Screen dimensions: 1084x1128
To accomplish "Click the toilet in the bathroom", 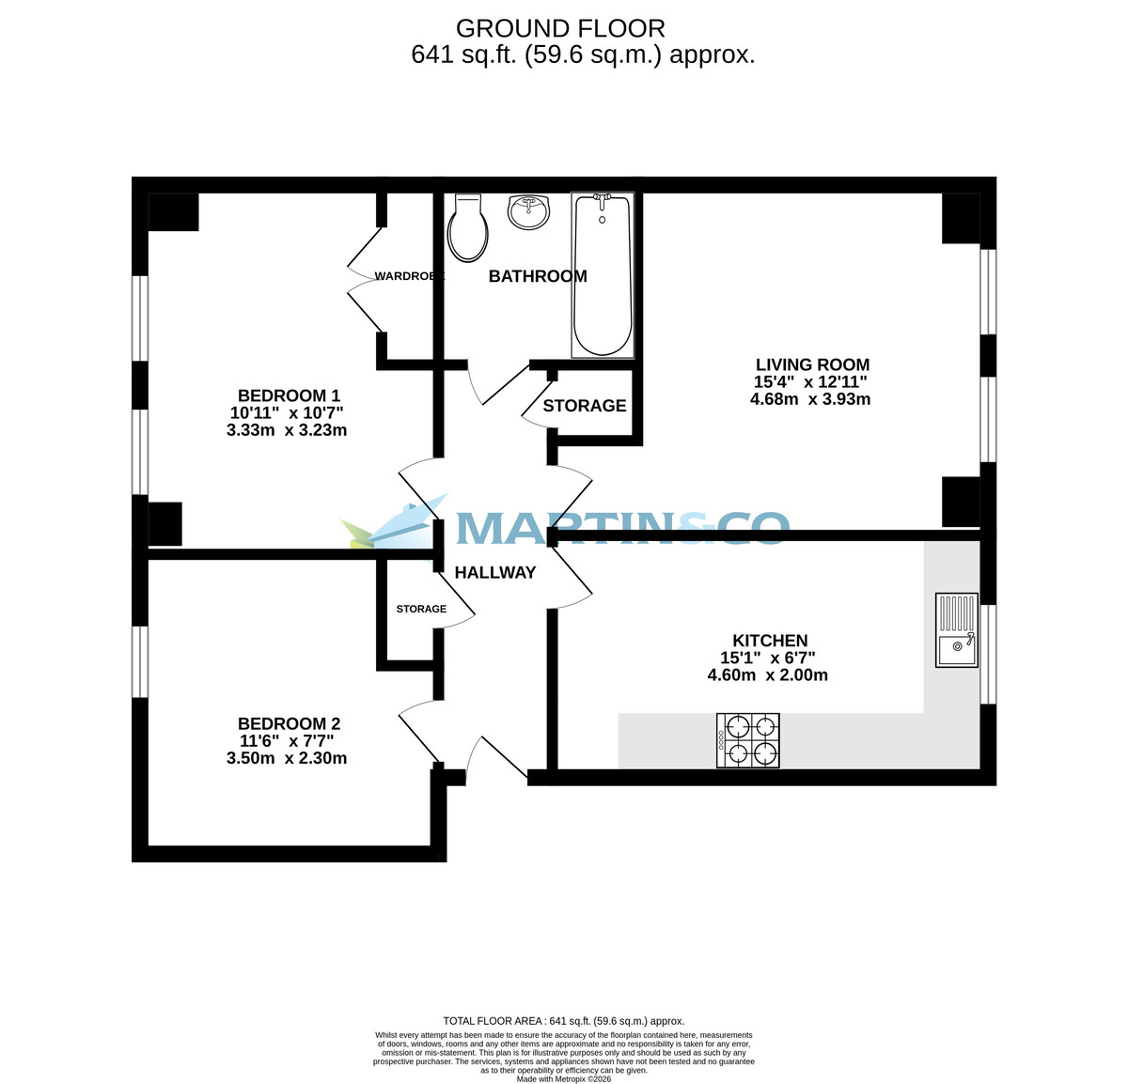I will tap(468, 228).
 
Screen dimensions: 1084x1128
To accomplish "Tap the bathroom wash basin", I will tap(528, 211).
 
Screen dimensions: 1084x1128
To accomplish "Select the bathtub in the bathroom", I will tap(603, 274).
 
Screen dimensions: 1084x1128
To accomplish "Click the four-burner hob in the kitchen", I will tap(748, 740).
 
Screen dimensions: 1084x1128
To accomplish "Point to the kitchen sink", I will tap(957, 630).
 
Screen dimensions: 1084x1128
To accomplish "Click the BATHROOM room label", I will tap(538, 276).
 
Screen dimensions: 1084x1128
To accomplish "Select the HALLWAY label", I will tap(495, 572).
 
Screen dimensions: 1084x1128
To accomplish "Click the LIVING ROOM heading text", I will tap(812, 364).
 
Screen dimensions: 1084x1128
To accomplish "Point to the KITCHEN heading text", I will tap(770, 641).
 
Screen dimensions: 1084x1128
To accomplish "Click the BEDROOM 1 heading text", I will tap(289, 395).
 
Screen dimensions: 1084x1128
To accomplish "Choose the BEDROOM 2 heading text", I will tap(289, 723).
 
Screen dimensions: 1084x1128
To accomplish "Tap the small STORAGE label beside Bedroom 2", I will tap(421, 609).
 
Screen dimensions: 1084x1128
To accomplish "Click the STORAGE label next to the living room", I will tap(584, 406).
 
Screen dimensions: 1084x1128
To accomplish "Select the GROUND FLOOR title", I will tap(560, 29).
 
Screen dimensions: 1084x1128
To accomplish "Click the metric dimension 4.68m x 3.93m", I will tap(810, 399).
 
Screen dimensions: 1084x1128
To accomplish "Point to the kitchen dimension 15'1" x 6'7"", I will tap(767, 658).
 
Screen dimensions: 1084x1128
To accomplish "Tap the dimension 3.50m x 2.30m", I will tap(287, 758).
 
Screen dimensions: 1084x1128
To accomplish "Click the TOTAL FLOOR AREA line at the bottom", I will tap(564, 1021).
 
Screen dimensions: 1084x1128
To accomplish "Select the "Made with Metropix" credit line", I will tap(564, 1078).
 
